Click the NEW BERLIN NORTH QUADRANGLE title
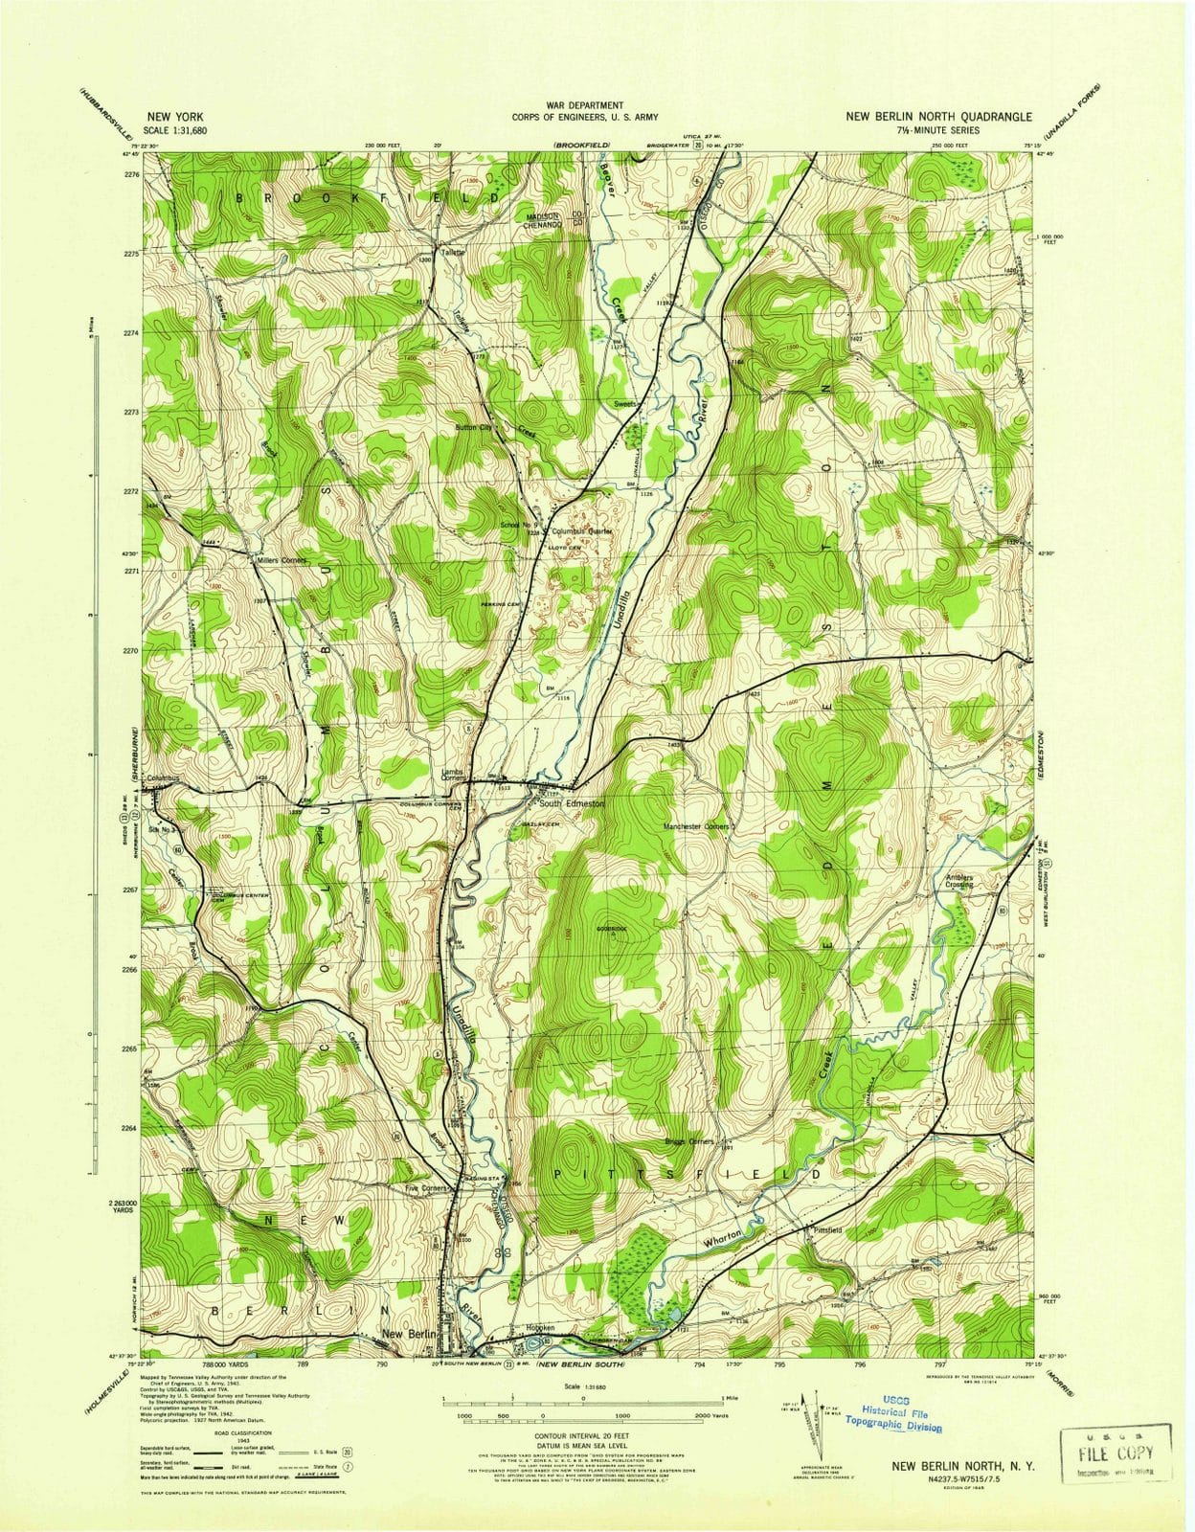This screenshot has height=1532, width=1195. click(x=938, y=117)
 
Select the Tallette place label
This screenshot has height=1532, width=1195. click(x=452, y=252)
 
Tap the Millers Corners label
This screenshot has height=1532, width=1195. click(x=281, y=560)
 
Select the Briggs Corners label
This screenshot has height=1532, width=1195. click(x=689, y=1141)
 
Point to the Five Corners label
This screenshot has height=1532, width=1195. click(x=426, y=1188)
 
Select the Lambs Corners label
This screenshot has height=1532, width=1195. click(x=453, y=775)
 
